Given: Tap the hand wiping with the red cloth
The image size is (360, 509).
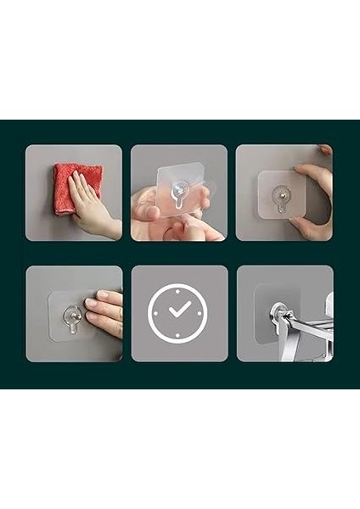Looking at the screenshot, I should (92, 204).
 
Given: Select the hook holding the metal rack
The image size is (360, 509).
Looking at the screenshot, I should (278, 316).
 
